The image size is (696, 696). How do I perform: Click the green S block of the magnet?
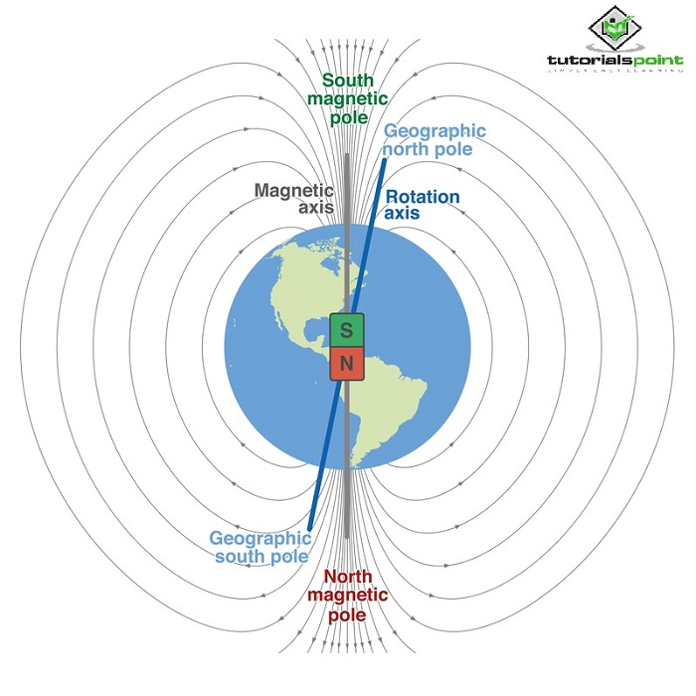[x=347, y=329]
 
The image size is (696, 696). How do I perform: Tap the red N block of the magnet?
[x=347, y=365]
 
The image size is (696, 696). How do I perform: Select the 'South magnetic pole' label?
[x=346, y=97]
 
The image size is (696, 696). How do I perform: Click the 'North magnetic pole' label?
[x=346, y=595]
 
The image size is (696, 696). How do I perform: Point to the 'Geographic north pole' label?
[x=435, y=140]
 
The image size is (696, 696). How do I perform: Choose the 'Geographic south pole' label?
[x=259, y=546]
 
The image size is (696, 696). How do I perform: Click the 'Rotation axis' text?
[x=423, y=204]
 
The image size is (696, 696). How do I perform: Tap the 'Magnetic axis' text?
[x=294, y=198]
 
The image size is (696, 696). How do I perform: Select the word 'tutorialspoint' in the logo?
[x=615, y=62]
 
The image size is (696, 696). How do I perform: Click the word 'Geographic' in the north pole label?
[x=435, y=131]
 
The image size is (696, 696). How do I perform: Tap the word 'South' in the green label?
[x=347, y=80]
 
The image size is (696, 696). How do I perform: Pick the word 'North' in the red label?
[x=347, y=577]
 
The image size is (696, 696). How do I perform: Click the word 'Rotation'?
[x=423, y=196]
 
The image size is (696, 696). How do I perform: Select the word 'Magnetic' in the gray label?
[x=294, y=190]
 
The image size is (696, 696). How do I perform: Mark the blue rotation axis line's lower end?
[x=310, y=527]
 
